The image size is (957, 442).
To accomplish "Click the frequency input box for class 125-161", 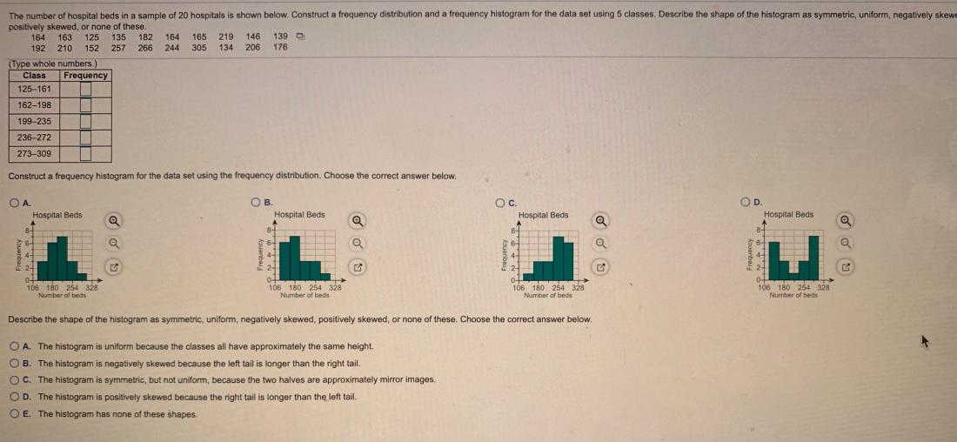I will click(x=86, y=89).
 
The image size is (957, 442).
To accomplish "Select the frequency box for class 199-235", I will click(x=86, y=121).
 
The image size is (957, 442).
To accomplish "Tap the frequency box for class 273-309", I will click(x=86, y=154).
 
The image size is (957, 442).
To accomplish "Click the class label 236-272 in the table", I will click(x=34, y=137).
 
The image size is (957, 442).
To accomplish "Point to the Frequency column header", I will click(x=86, y=75).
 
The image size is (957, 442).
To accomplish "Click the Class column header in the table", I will click(x=34, y=75).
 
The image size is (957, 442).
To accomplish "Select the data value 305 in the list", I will click(x=199, y=47).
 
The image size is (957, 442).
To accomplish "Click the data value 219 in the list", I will click(x=226, y=37).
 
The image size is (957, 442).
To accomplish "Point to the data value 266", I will click(x=145, y=47).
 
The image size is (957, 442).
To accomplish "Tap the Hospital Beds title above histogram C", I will click(x=543, y=215).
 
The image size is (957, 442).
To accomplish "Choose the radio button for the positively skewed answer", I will click(x=15, y=397).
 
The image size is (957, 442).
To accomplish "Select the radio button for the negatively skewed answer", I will click(x=15, y=363).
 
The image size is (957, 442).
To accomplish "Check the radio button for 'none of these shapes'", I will click(x=15, y=413).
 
